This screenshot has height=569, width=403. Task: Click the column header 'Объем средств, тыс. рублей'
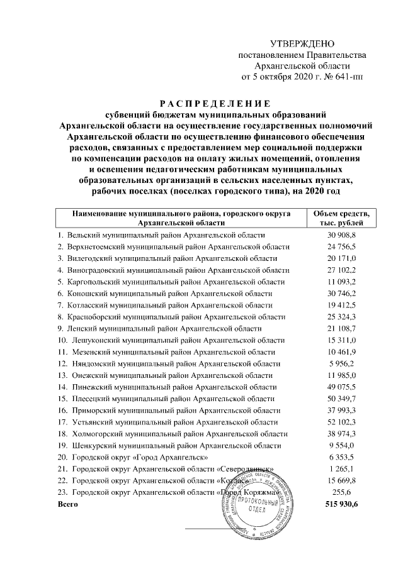pyautogui.click(x=341, y=218)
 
